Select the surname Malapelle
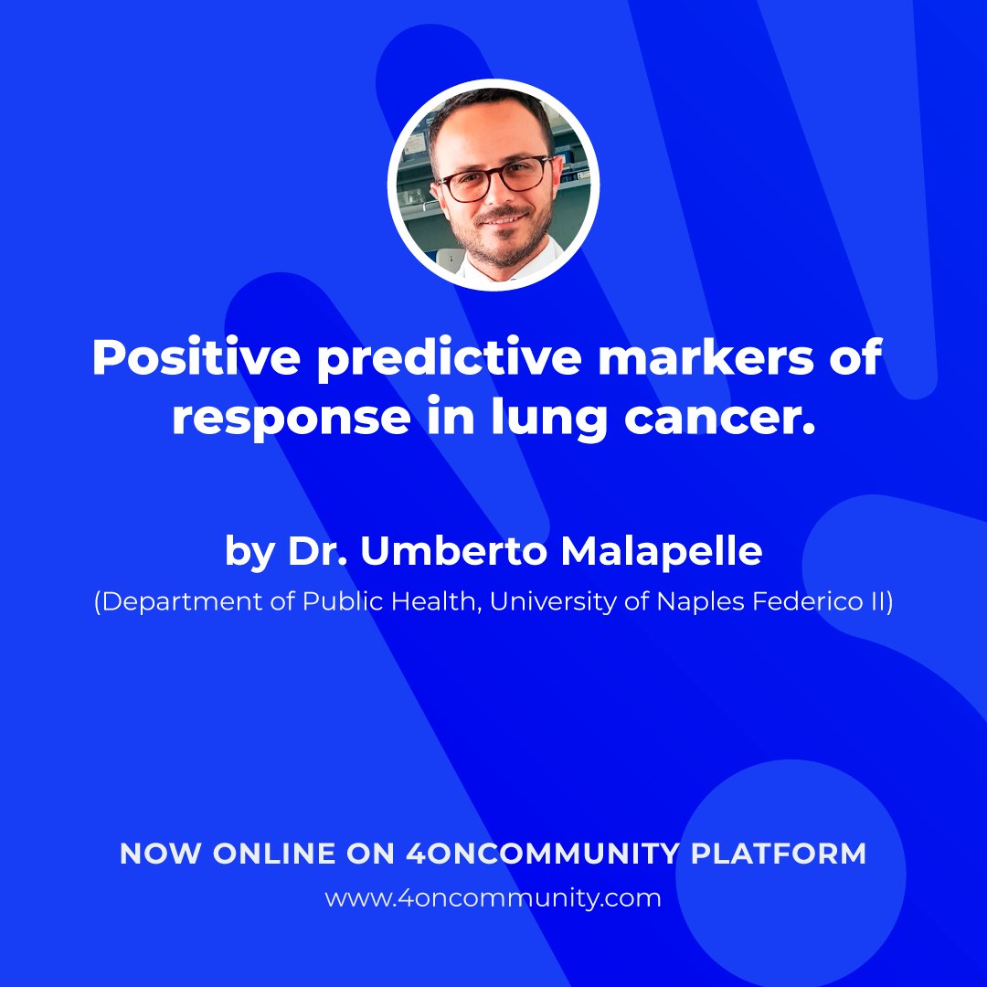click(661, 553)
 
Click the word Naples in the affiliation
click(695, 604)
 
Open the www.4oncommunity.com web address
click(493, 898)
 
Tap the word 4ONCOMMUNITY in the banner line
click(543, 854)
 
